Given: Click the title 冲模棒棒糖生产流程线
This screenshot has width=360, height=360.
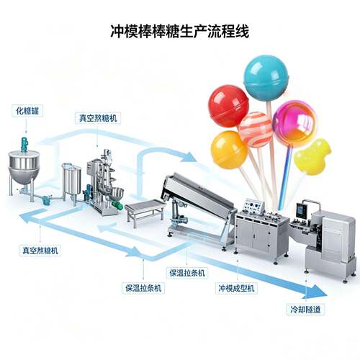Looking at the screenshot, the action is pos(180,31).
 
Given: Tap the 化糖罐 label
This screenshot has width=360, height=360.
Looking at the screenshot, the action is pos(27,111).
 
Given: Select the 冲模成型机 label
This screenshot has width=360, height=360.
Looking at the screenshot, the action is pos(236,288).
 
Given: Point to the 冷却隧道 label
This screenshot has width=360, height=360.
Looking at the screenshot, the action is pos(305,309).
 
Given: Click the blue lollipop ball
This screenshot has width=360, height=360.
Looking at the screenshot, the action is pos(266,78).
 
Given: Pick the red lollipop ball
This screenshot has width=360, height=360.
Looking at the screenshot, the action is pos(228,106).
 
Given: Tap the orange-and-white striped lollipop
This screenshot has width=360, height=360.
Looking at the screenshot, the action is pos(256,130).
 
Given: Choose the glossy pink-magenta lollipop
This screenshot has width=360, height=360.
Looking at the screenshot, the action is pos(294,123).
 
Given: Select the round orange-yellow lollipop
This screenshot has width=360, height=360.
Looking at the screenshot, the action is pos(229,149).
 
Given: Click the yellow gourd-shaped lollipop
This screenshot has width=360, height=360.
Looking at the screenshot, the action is pos(311,157).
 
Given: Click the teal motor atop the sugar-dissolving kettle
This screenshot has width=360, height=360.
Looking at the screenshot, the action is pos(24,145).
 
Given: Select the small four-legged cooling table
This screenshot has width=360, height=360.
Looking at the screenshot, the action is pos(145,212).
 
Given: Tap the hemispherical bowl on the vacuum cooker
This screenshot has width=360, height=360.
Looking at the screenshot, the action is pos(116,194).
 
